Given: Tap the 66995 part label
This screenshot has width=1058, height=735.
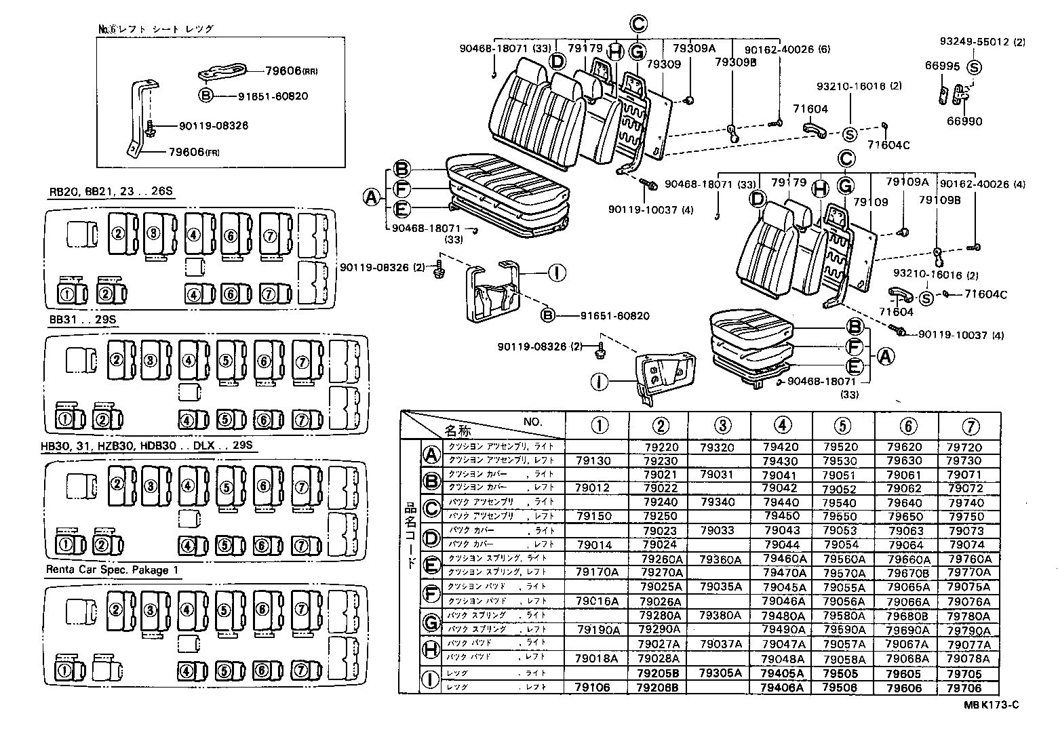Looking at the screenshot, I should (x=941, y=66).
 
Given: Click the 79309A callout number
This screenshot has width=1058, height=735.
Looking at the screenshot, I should (x=694, y=49).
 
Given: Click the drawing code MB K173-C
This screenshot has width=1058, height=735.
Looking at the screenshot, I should (x=990, y=704).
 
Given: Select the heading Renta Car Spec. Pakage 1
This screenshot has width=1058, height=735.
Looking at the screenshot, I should (x=113, y=570).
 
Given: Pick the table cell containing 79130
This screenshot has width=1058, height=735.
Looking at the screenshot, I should (x=593, y=460).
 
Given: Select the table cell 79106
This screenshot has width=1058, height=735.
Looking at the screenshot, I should (x=592, y=687).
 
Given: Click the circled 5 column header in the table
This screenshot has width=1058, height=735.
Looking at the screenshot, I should (x=842, y=426).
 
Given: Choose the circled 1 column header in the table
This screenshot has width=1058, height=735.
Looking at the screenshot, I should (x=599, y=426).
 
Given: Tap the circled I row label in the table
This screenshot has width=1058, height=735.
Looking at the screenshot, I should (x=431, y=679).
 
